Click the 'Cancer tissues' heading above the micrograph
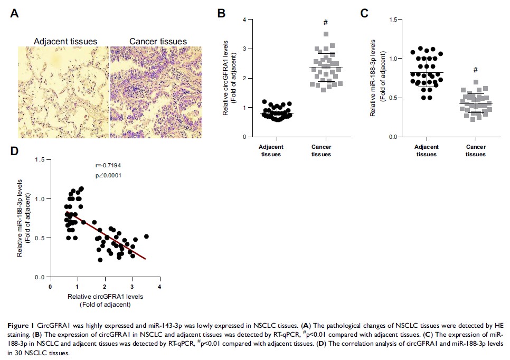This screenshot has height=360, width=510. (x=151, y=41)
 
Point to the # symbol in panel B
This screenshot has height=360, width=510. (x=326, y=22)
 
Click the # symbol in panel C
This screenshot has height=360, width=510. (x=475, y=70)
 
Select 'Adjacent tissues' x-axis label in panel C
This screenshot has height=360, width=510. (x=427, y=150)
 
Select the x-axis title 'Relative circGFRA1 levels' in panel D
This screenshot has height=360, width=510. (x=105, y=296)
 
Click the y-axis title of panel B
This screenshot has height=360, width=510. (x=229, y=78)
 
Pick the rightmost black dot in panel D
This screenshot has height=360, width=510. (x=146, y=236)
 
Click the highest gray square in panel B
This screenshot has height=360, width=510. (x=326, y=34)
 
